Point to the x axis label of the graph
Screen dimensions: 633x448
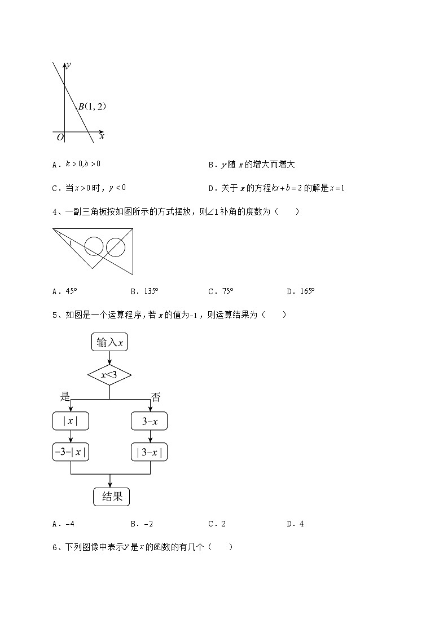coord(102,136)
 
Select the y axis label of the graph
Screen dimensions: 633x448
coord(68,65)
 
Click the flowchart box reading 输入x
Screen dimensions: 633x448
coord(109,342)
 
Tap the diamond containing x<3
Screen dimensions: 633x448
coord(109,374)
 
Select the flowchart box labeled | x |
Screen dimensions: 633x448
coord(71,421)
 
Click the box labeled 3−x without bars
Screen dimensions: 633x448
coord(149,421)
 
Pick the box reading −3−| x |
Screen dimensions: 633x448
coord(71,452)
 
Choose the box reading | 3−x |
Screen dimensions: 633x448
coord(149,452)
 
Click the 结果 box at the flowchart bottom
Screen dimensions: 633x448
coord(111,497)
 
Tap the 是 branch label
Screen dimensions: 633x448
coord(65,397)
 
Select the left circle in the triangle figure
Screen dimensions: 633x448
coord(94,246)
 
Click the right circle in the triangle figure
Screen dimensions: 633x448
coord(115,247)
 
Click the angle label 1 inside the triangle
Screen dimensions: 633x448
coord(70,243)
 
